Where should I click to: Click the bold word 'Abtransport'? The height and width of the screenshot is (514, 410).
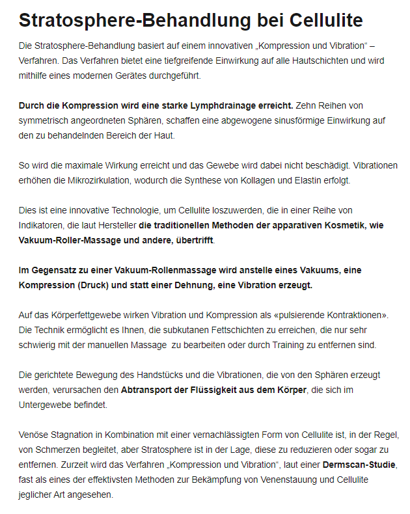coord(147,390)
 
